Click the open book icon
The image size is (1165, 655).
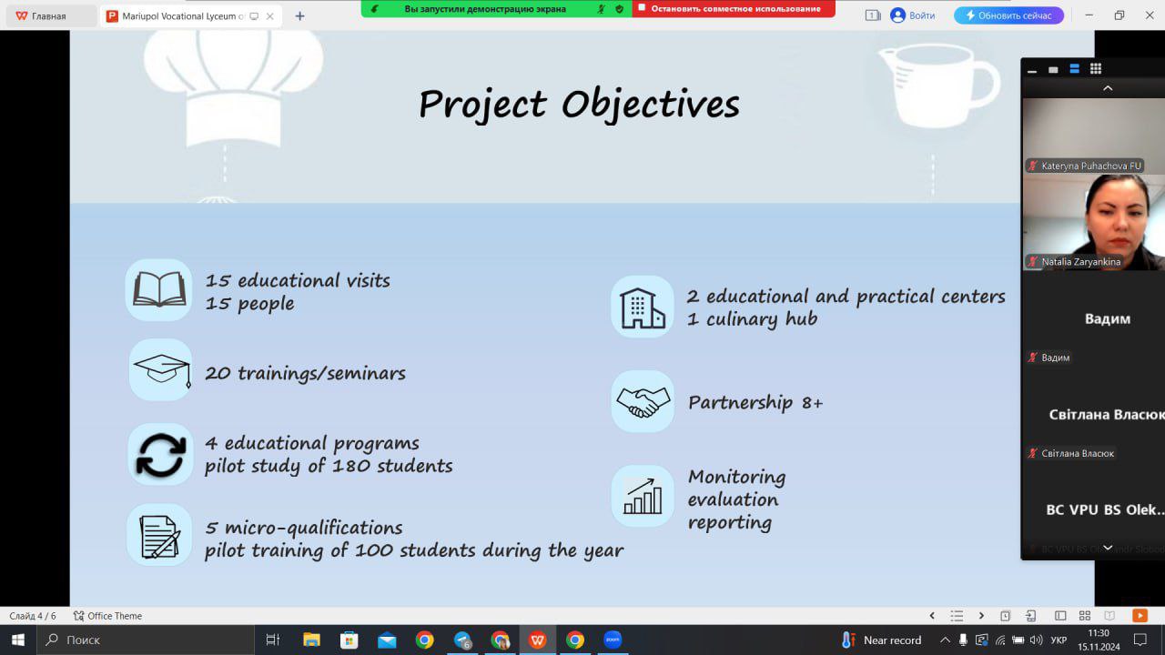point(159,289)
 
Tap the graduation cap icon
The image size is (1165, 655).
point(162,370)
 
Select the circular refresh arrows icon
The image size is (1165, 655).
point(161,455)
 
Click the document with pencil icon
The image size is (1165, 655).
point(159,536)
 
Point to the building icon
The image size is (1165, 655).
point(643,307)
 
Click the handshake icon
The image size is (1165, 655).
point(643,402)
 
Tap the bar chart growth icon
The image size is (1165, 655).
point(643,496)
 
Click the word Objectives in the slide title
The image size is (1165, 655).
point(650,105)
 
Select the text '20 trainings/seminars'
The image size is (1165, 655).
point(305,373)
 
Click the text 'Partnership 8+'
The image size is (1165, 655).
point(755,402)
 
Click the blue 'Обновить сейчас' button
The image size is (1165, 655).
point(1008,15)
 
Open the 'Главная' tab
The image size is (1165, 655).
point(49,16)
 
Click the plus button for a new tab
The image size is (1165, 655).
point(299,16)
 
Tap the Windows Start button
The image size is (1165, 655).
point(18,640)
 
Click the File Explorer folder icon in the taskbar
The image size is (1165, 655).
point(311,640)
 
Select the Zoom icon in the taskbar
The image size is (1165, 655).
point(613,640)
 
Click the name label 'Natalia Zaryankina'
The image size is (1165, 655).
point(1080,261)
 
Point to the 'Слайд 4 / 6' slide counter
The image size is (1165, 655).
point(32,616)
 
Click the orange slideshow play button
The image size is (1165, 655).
point(1140,616)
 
